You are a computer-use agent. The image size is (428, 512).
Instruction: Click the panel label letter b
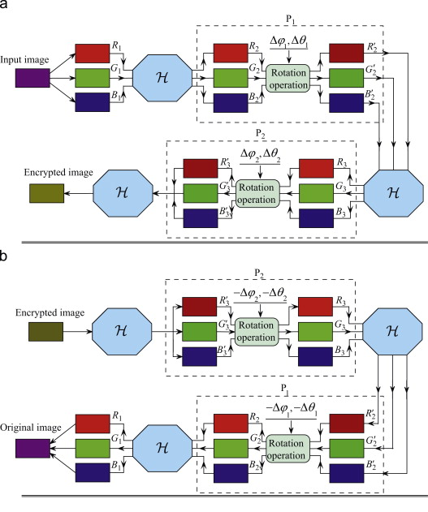click(6, 256)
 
